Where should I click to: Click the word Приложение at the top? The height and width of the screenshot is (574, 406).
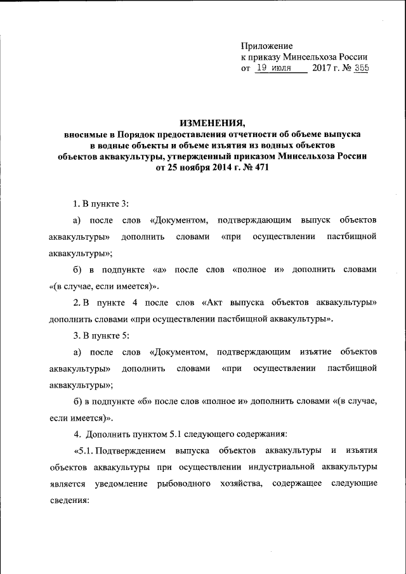pos(266,46)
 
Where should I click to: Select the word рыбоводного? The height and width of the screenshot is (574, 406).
pos(184,483)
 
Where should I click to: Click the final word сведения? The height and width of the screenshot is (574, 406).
pos(68,500)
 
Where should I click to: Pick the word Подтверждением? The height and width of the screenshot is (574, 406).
pos(135,451)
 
